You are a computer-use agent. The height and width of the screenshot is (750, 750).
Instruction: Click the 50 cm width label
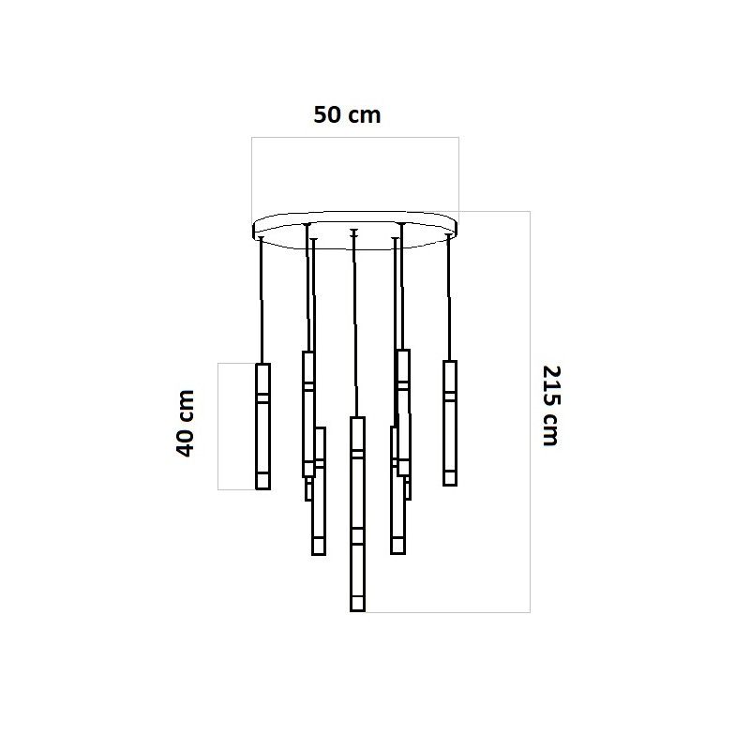(x=347, y=115)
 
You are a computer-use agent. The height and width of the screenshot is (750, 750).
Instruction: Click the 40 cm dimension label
(x=186, y=424)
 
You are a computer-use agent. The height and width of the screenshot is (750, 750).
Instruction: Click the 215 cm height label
(x=550, y=406)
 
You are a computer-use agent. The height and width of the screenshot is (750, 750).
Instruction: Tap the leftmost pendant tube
(x=263, y=427)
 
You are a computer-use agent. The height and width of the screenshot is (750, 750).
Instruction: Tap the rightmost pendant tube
(x=450, y=423)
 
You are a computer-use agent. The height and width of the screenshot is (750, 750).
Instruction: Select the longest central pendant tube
(x=357, y=514)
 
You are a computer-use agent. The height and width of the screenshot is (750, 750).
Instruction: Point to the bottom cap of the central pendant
(x=357, y=604)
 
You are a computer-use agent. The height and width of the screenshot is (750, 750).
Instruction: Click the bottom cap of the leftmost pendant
(x=263, y=481)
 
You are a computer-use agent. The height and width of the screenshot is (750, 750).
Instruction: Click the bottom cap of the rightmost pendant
(x=450, y=478)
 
